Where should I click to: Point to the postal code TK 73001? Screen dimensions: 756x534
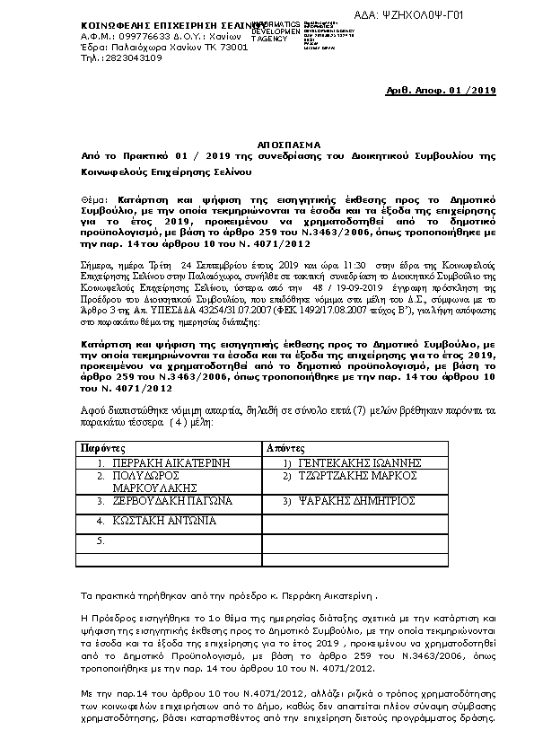pyautogui.click(x=225, y=47)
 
